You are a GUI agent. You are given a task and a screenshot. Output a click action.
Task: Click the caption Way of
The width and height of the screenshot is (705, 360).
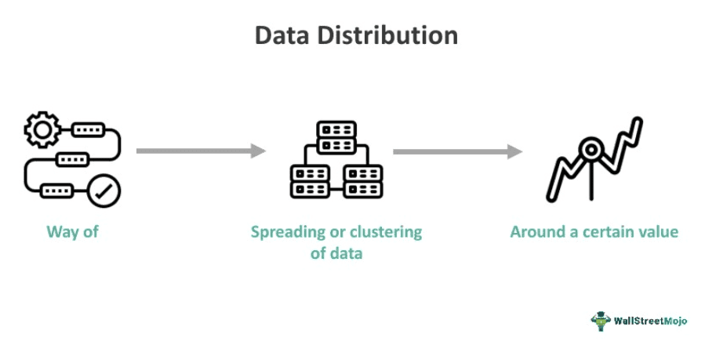(72, 232)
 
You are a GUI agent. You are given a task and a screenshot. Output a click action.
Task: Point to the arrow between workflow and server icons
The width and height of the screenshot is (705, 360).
(201, 151)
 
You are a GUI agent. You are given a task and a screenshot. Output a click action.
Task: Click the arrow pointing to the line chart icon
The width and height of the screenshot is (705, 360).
(457, 151)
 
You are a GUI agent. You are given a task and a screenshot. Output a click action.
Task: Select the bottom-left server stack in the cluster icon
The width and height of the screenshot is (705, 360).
(310, 181)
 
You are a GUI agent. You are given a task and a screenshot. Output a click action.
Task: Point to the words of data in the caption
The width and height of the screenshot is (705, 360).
(336, 254)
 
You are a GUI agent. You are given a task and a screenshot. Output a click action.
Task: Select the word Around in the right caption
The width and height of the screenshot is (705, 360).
(536, 232)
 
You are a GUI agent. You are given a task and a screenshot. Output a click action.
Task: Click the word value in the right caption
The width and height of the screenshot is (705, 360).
(659, 232)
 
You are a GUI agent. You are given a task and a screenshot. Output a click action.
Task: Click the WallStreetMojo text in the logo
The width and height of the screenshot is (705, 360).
(651, 321)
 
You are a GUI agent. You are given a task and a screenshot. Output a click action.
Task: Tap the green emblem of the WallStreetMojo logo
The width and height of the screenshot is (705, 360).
(601, 321)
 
